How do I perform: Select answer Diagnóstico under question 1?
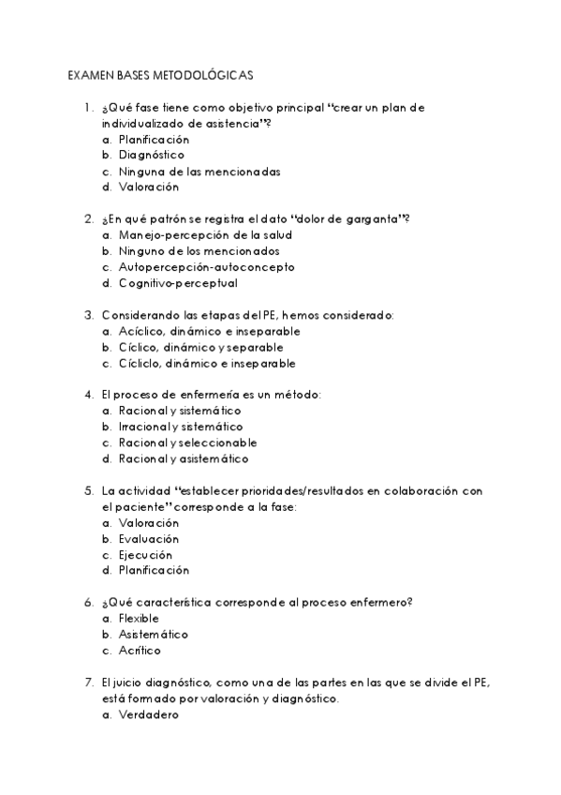pos(151,156)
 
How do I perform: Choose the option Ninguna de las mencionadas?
pos(199,172)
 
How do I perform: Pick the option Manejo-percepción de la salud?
pos(205,235)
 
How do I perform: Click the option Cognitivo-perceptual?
pos(178,283)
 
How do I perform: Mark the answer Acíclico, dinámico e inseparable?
pos(209,331)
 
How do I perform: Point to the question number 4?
pos(88,395)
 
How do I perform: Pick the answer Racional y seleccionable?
pos(187,442)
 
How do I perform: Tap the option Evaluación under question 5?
pos(148,539)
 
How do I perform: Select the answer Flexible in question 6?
pos(139,619)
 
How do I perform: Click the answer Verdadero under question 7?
pos(148,714)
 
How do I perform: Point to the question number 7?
pos(88,682)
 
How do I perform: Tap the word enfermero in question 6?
pos(381,603)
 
